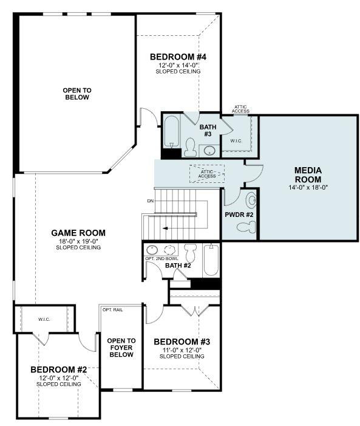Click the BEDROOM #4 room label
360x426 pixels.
pos(175,57)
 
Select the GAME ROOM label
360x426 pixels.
pos(78,233)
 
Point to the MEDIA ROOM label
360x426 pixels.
pos(308,175)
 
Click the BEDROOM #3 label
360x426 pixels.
pos(182,342)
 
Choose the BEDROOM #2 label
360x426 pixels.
pos(59,369)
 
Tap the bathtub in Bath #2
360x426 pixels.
pos(210,261)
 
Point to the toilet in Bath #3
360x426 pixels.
pos(190,148)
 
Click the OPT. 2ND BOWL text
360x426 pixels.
pos(162,259)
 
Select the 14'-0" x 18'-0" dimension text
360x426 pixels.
pos(308,188)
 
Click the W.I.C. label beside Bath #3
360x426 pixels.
pos(236,141)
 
